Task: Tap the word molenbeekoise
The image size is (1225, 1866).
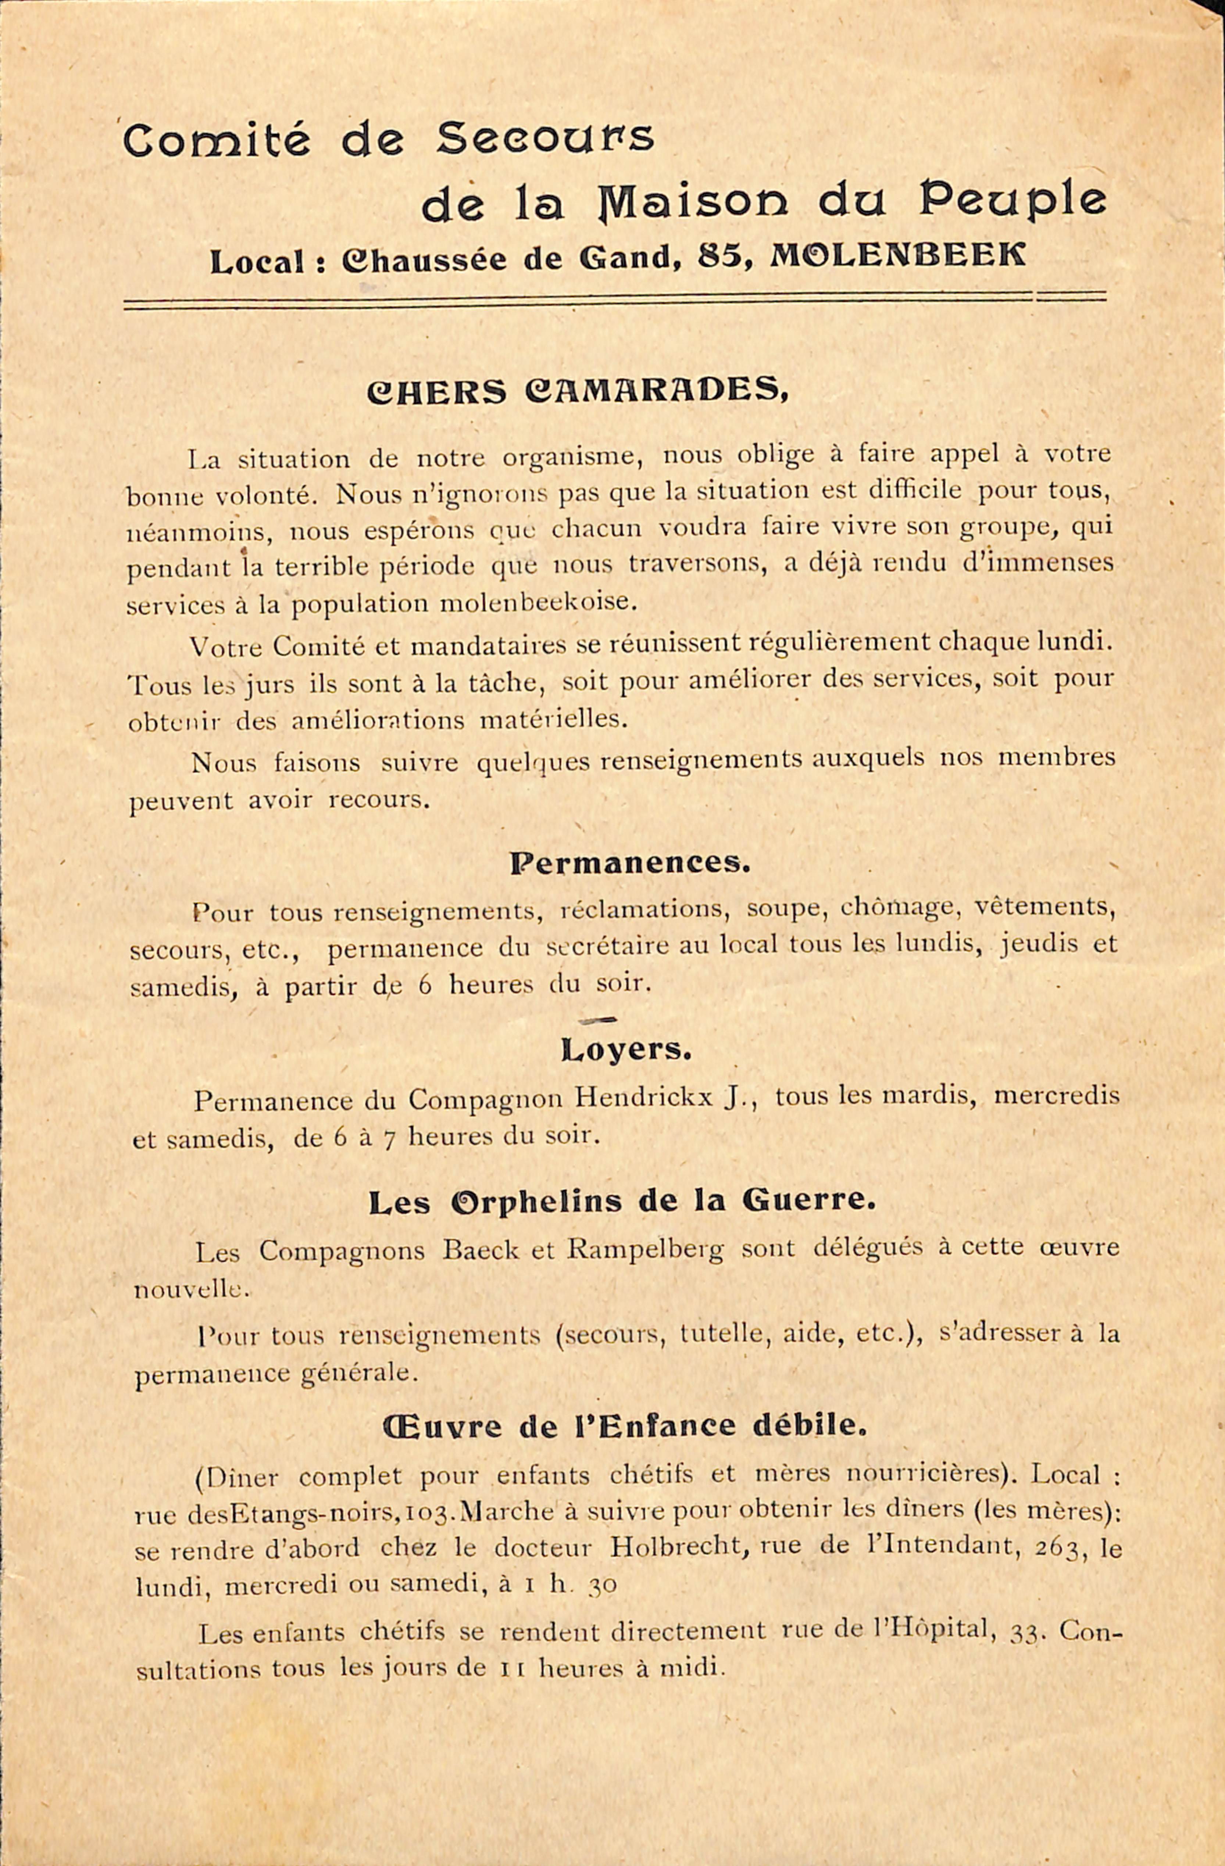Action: tap(536, 602)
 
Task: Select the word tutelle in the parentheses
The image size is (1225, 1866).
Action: tap(722, 1333)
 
